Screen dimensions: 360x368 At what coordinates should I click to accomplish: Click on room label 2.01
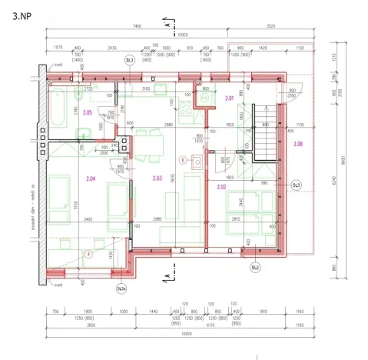[x=229, y=98]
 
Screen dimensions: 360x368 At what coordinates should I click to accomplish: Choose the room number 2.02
[x=221, y=186]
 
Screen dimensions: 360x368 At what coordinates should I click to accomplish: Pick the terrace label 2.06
[x=298, y=144]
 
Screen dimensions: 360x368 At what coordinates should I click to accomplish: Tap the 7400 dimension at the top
[x=137, y=27]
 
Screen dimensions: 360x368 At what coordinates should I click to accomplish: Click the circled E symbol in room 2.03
[x=183, y=160]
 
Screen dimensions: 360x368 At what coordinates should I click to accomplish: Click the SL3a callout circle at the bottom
[x=121, y=288]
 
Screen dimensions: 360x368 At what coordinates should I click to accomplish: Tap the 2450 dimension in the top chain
[x=111, y=47]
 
